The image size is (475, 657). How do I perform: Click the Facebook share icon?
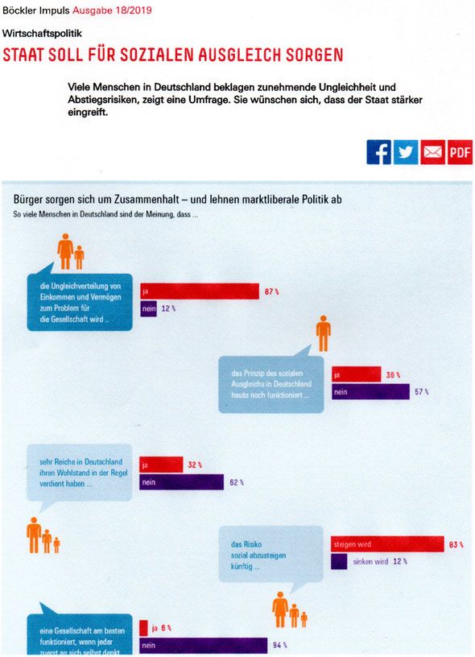[x=378, y=152]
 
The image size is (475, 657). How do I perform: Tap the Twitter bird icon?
[x=406, y=152]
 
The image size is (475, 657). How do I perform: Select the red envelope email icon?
[x=432, y=152]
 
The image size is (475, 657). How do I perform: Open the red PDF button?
[x=460, y=152]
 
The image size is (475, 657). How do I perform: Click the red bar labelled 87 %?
[x=200, y=291]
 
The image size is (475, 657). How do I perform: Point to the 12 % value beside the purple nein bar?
[x=168, y=309]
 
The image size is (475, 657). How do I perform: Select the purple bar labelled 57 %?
[x=370, y=392]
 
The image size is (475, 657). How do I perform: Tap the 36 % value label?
[x=393, y=375]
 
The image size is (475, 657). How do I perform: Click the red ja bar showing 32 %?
[x=161, y=465]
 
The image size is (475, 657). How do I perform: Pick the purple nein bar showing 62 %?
[x=182, y=482]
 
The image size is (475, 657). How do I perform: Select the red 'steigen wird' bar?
[x=387, y=544]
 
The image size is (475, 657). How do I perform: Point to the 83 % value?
[x=456, y=545]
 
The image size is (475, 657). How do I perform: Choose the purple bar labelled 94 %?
[x=204, y=645]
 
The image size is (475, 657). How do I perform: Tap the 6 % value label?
[x=167, y=628]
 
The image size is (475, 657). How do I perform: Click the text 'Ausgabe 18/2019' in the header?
[x=112, y=10]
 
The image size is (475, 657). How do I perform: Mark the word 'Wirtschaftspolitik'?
[x=42, y=34]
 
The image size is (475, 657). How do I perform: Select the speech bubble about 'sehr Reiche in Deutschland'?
[x=80, y=473]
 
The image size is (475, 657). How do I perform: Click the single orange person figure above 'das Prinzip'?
[x=324, y=333]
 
